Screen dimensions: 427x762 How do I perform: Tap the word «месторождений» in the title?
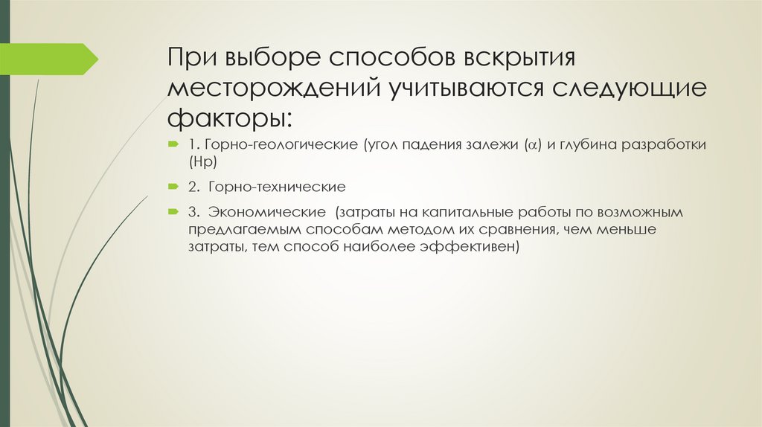(x=272, y=89)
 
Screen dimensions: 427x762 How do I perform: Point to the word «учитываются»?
(x=462, y=89)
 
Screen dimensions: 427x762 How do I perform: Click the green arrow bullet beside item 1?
(x=173, y=143)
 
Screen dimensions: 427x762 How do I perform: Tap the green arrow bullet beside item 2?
(x=173, y=184)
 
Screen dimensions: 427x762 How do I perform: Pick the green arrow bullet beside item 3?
(x=173, y=211)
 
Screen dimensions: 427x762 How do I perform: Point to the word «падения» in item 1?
(x=429, y=144)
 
